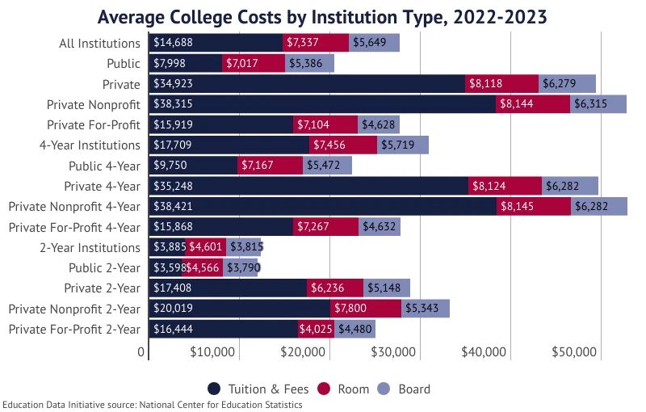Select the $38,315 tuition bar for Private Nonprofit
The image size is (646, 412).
tap(322, 104)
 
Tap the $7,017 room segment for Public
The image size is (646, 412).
tap(254, 63)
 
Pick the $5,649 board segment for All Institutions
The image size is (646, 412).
tap(374, 43)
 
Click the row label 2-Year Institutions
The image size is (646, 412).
tap(90, 247)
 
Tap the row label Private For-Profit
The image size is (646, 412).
tap(94, 124)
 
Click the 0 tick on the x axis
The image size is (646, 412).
tap(141, 352)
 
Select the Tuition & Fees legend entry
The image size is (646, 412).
tap(258, 389)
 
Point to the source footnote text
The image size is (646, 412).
tap(152, 405)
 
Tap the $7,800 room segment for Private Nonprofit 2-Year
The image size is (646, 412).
tap(366, 309)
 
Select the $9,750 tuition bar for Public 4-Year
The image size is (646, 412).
tap(194, 166)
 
